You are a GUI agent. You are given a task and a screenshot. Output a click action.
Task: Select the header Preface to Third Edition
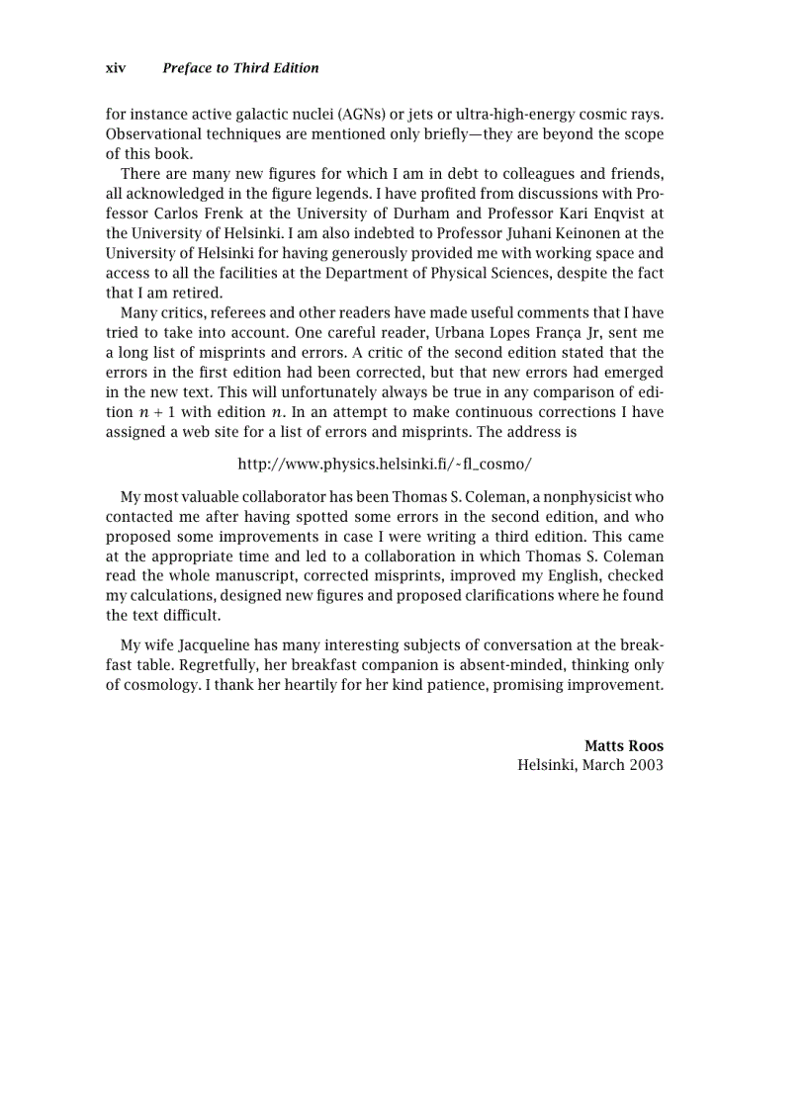tap(240, 68)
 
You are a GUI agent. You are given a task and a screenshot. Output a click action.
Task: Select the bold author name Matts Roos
tap(623, 746)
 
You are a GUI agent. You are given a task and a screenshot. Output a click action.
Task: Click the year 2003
tap(644, 765)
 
